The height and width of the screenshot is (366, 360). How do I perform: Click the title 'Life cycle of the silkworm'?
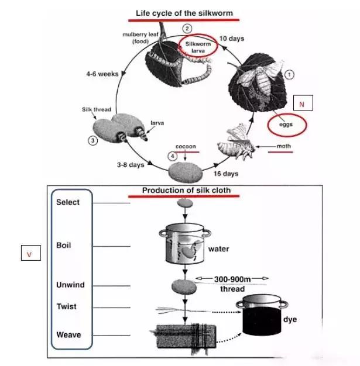coord(184,13)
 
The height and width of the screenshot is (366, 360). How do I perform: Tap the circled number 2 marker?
coord(187,29)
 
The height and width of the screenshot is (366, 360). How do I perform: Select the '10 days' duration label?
coord(231,39)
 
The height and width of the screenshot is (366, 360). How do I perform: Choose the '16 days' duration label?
coord(225,174)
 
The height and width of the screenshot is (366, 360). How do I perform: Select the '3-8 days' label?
coord(131,165)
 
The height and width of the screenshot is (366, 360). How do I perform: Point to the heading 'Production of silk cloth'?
coord(186,191)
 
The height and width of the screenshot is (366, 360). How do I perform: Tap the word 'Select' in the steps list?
coord(68,202)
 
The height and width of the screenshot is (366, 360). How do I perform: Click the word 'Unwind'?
coord(70,285)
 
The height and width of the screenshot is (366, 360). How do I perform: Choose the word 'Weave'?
coord(68,335)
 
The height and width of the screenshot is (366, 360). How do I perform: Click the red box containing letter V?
coord(29,254)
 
